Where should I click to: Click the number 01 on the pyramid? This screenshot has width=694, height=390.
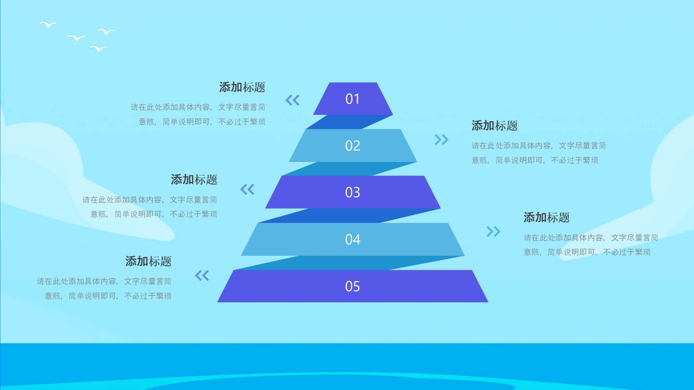(352, 99)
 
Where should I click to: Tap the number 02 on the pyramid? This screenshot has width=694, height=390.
(352, 146)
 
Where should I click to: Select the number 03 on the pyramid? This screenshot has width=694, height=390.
(352, 192)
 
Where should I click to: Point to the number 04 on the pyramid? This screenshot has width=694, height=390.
(352, 239)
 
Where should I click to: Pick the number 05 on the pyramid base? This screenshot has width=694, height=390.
(352, 286)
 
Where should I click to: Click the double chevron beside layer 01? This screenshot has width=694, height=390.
(292, 100)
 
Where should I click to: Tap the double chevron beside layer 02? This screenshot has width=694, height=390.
(442, 140)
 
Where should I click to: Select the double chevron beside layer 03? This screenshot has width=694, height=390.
(247, 189)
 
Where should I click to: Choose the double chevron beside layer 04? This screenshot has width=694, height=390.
(493, 232)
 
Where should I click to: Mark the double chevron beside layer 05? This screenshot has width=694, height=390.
(202, 276)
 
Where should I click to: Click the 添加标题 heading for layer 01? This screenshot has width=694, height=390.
(242, 87)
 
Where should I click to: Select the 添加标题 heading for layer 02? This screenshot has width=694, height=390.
(494, 126)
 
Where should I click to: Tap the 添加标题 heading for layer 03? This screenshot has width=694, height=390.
(194, 179)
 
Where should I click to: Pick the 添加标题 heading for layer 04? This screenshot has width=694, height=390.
(547, 218)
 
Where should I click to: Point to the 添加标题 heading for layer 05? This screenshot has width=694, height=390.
(149, 261)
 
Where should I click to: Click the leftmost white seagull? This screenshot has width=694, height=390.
(48, 24)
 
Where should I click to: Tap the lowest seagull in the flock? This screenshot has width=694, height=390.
(98, 48)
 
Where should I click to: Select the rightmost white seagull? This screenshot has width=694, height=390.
(106, 31)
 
